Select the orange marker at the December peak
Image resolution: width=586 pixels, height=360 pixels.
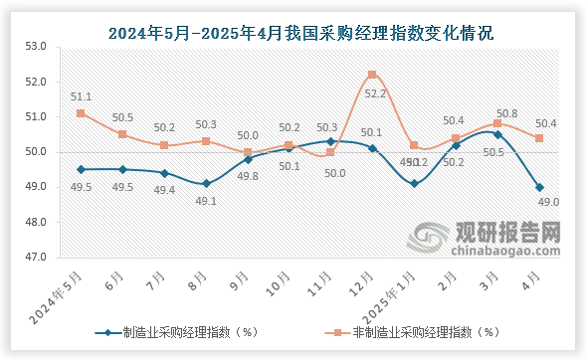point(371,75)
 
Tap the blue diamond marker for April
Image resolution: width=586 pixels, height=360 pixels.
point(539,187)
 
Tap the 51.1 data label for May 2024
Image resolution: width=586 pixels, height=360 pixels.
point(81,96)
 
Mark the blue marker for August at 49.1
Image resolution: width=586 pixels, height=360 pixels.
point(205,183)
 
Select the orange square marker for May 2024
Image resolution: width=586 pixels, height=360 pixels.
point(80,113)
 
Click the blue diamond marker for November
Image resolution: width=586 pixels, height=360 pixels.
point(330,141)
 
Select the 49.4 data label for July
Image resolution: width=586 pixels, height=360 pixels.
point(164,190)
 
